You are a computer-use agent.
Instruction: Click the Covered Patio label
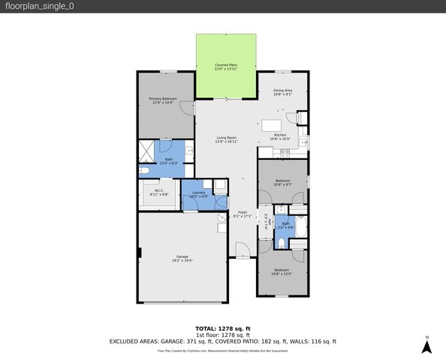pyautogui.click(x=227, y=67)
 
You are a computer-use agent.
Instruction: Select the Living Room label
pyautogui.click(x=227, y=139)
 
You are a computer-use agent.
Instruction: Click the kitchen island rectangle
pyautogui.click(x=272, y=124)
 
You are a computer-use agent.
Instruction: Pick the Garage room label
pyautogui.click(x=182, y=259)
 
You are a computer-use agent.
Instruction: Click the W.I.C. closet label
pyautogui.click(x=160, y=192)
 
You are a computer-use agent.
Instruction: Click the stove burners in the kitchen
pyautogui.click(x=285, y=152)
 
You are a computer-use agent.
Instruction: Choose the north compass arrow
pyautogui.click(x=426, y=346)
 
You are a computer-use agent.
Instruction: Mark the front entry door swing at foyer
pyautogui.click(x=242, y=250)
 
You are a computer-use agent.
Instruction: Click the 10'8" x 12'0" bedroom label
pyautogui.click(x=282, y=271)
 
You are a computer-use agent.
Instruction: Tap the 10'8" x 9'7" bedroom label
pyautogui.click(x=282, y=183)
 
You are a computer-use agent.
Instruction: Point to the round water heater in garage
pyautogui.click(x=221, y=217)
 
